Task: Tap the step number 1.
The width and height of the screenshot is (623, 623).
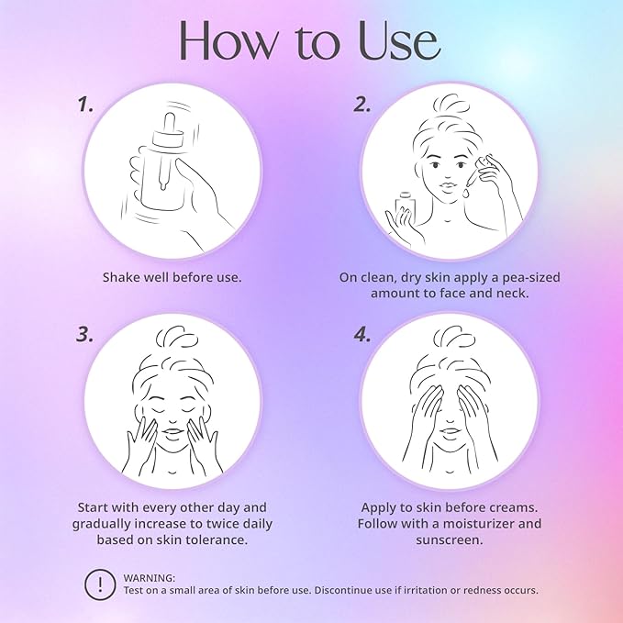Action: (x=85, y=105)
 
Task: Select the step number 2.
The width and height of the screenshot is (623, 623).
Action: (x=362, y=105)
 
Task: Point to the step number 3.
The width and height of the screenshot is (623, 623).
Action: (x=85, y=335)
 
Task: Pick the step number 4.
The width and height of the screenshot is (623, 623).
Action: (x=362, y=335)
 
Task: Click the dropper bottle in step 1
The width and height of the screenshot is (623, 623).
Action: (x=164, y=162)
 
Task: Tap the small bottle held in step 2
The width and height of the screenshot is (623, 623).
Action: (x=406, y=205)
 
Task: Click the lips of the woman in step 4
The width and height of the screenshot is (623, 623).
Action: (x=450, y=432)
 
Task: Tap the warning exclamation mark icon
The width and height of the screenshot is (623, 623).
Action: (x=100, y=584)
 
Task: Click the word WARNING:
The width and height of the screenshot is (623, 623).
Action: (x=149, y=578)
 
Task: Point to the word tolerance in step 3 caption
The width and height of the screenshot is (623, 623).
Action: (x=214, y=540)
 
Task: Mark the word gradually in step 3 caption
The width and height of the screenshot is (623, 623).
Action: (x=102, y=524)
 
